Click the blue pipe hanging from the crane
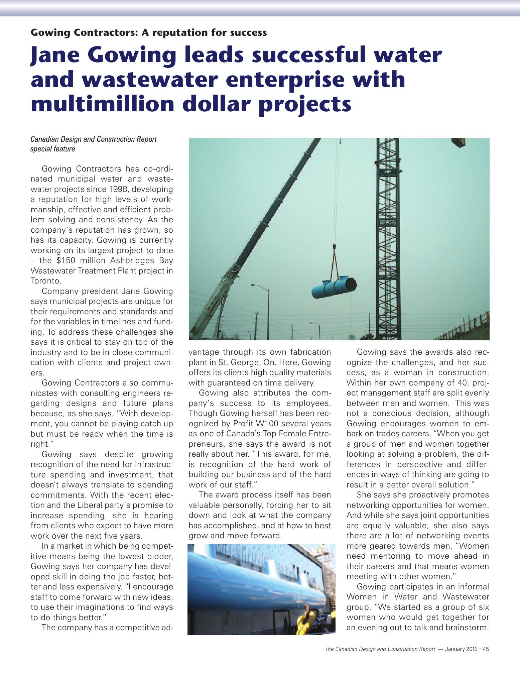tap(334, 288)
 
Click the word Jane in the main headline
tap(55, 56)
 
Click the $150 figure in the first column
tap(66, 260)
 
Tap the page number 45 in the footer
tap(486, 649)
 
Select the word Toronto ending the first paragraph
tap(46, 281)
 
